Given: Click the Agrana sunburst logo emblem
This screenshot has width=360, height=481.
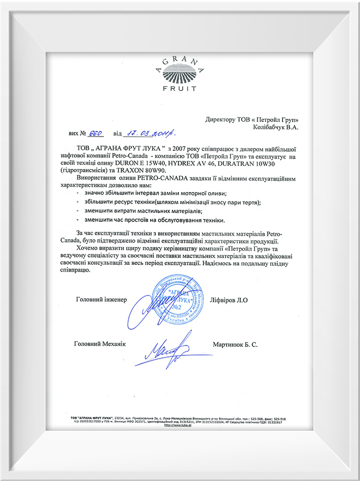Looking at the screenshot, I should tap(179, 73).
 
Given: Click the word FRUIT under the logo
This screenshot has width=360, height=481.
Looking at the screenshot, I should tap(180, 89).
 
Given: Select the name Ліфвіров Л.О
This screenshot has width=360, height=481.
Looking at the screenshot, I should tap(235, 299).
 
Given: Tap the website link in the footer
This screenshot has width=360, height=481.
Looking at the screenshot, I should tap(175, 424).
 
